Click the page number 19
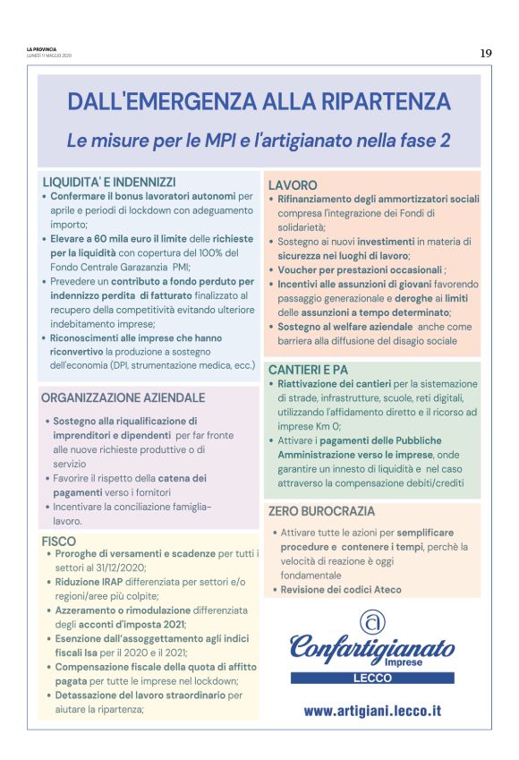point(486,53)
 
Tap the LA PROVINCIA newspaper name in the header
point(41,50)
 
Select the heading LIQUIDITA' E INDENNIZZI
point(109,181)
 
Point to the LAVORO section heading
point(293,184)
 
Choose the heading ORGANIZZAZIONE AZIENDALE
point(123,397)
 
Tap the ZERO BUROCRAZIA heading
point(321,511)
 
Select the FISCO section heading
point(59,541)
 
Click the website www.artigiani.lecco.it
point(372,711)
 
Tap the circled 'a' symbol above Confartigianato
point(371,619)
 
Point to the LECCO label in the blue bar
point(371,679)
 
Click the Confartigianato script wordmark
point(371,646)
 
